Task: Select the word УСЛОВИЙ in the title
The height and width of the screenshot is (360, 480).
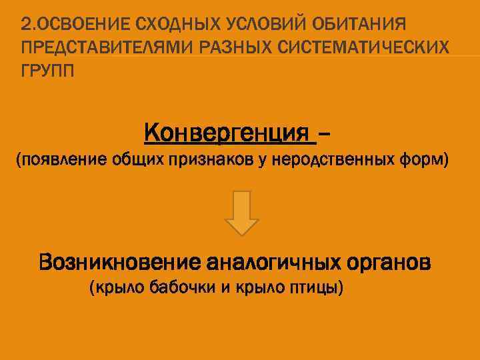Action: coord(255,25)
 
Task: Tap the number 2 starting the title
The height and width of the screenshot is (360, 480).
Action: coord(25,25)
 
